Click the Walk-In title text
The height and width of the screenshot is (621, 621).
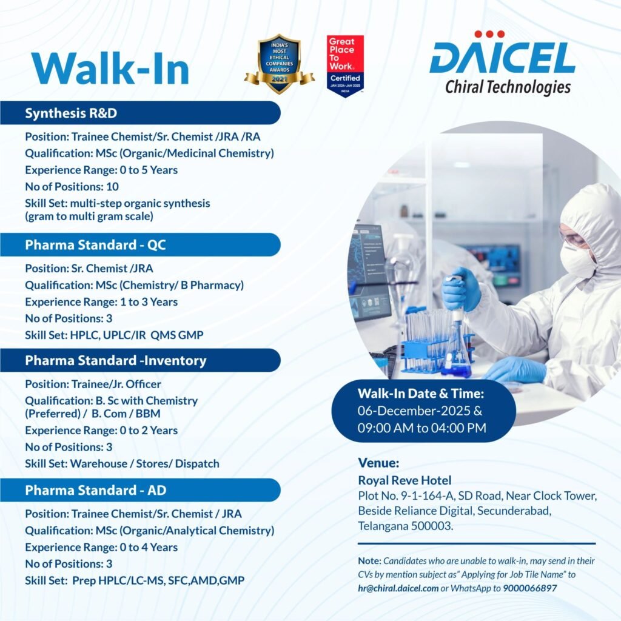pyautogui.click(x=111, y=69)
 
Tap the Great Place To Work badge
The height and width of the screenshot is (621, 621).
pyautogui.click(x=344, y=65)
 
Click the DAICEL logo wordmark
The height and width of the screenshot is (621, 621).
pyautogui.click(x=502, y=59)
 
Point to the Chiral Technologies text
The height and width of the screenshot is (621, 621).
pyautogui.click(x=508, y=87)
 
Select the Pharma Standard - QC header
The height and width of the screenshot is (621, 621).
pyautogui.click(x=95, y=245)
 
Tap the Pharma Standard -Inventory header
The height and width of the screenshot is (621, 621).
pyautogui.click(x=115, y=360)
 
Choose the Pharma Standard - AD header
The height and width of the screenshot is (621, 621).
pyautogui.click(x=95, y=490)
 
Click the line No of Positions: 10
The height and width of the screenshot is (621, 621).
pyautogui.click(x=72, y=186)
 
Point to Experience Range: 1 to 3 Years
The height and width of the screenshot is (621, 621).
pyautogui.click(x=101, y=301)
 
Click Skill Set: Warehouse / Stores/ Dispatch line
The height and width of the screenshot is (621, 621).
pyautogui.click(x=122, y=463)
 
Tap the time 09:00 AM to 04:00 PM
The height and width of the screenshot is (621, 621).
pyautogui.click(x=422, y=428)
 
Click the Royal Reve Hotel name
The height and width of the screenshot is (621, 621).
pyautogui.click(x=404, y=481)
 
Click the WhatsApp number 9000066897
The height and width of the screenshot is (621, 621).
pyautogui.click(x=529, y=588)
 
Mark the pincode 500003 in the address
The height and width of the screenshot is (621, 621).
pyautogui.click(x=434, y=526)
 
